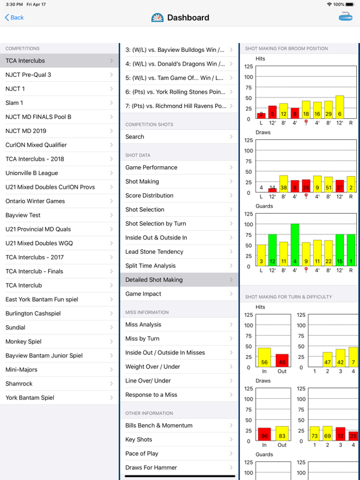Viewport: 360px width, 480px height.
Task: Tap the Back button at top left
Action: coord(14,17)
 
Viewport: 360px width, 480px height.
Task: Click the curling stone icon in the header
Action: coord(345,17)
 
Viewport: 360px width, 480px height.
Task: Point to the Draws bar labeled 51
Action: coord(329,184)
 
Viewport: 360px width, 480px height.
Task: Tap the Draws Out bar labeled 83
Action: coord(282,434)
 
